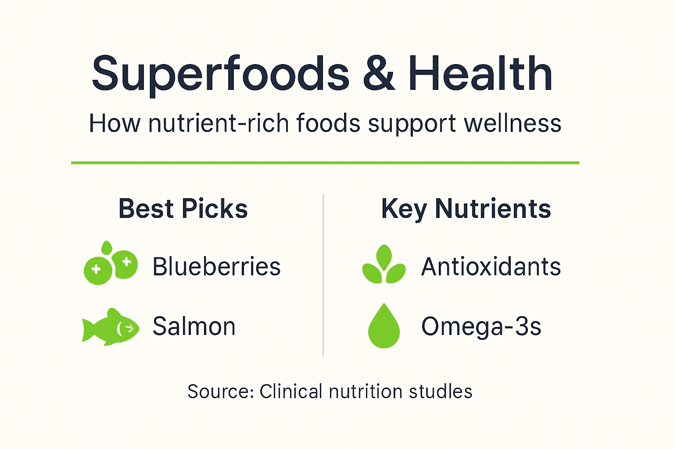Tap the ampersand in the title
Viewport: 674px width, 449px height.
[379, 74]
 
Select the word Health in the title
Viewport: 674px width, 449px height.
[480, 74]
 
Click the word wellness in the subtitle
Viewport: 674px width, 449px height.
[513, 124]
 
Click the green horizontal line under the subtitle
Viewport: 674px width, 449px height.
[325, 163]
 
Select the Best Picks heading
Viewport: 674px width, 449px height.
[183, 209]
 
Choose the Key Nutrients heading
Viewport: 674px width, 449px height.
[466, 209]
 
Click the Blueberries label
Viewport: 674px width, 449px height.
[216, 267]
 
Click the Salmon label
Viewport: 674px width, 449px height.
[194, 327]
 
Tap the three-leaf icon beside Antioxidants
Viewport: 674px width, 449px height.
[384, 265]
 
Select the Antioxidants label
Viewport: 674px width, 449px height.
[491, 267]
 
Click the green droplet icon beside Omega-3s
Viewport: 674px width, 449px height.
[384, 327]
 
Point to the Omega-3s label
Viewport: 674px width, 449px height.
[481, 327]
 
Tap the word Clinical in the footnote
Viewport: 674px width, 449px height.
[290, 392]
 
